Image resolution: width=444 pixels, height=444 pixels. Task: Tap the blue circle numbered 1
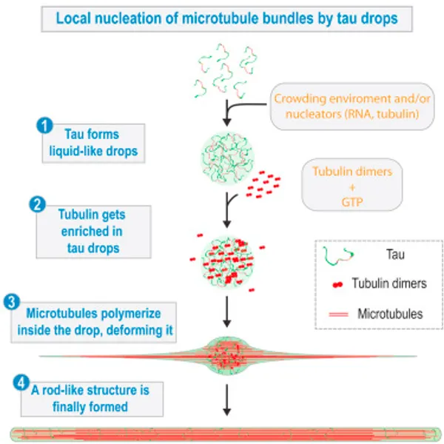[x=45, y=126]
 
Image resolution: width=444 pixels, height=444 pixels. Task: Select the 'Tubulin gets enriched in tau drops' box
[x=92, y=229]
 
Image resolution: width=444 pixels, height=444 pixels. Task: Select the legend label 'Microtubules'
[x=390, y=314]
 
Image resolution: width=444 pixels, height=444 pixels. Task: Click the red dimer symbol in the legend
[x=337, y=283]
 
